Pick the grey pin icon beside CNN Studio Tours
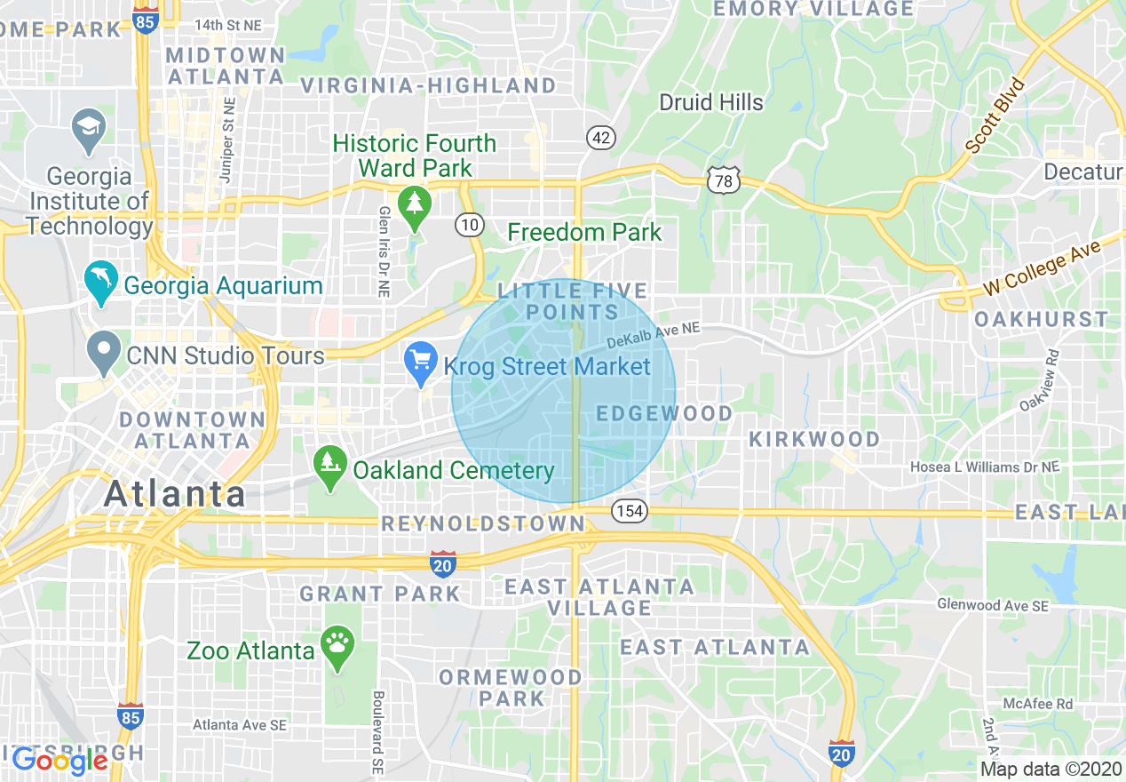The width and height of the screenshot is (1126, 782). (x=104, y=351)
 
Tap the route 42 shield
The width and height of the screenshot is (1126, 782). (x=601, y=137)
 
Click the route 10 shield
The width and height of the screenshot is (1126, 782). (x=470, y=225)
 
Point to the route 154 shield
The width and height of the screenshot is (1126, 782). (x=628, y=511)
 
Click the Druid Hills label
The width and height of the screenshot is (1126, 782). (x=710, y=102)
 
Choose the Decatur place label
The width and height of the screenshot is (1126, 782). (x=1083, y=172)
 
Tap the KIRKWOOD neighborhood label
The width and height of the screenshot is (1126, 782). (x=814, y=439)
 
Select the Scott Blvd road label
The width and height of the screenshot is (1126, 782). (x=995, y=116)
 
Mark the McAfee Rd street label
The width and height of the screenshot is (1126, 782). (x=1037, y=704)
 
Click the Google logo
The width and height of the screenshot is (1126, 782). (x=59, y=760)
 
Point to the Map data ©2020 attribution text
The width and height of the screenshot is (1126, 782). (x=1051, y=769)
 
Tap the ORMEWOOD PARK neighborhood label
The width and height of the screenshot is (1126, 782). (x=511, y=688)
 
